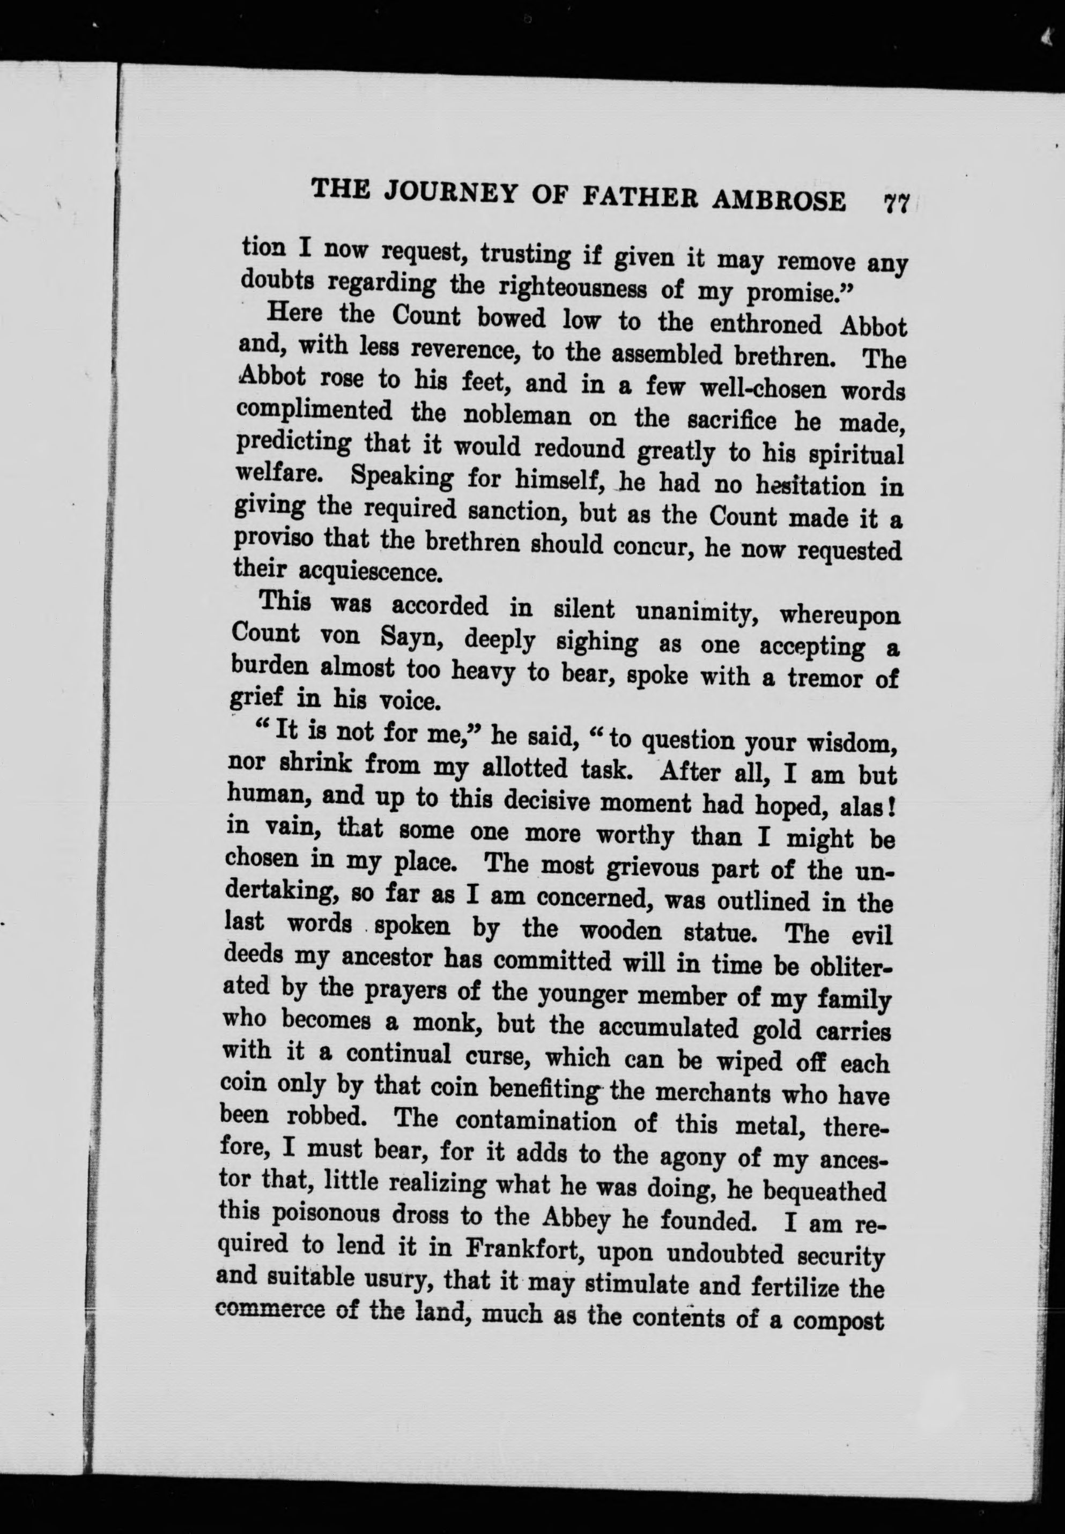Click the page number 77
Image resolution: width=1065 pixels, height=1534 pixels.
click(896, 203)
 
